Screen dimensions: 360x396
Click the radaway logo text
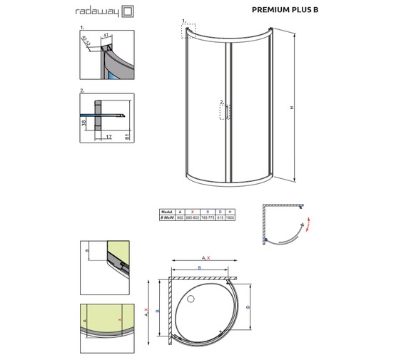click(x=94, y=11)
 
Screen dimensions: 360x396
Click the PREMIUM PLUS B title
click(x=285, y=11)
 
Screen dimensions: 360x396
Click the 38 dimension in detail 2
click(x=84, y=122)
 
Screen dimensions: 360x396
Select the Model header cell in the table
click(x=168, y=211)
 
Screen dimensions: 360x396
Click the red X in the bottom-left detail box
click(x=119, y=321)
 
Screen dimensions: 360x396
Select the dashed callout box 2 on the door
click(x=222, y=110)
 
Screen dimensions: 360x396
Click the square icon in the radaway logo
click(x=126, y=11)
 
